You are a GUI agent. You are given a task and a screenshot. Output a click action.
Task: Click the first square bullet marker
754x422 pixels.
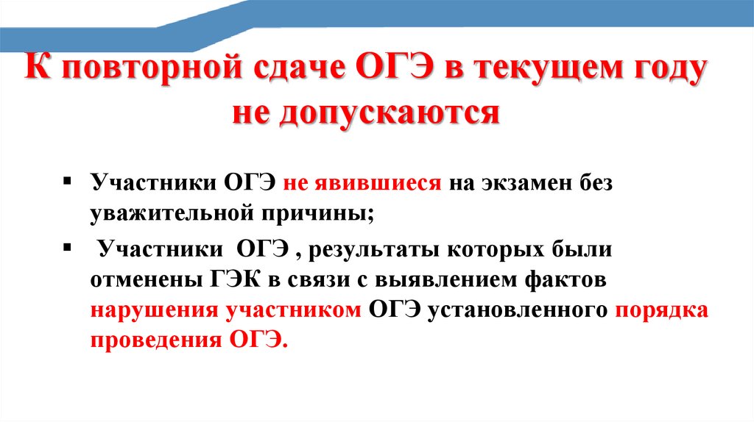[68, 180]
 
